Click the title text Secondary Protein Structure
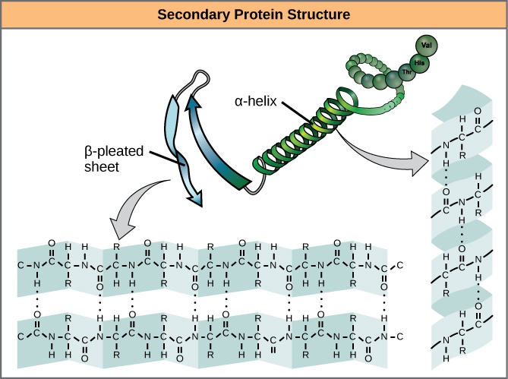tap(254, 14)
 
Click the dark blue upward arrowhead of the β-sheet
tap(196, 103)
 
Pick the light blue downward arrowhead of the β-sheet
tap(196, 199)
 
